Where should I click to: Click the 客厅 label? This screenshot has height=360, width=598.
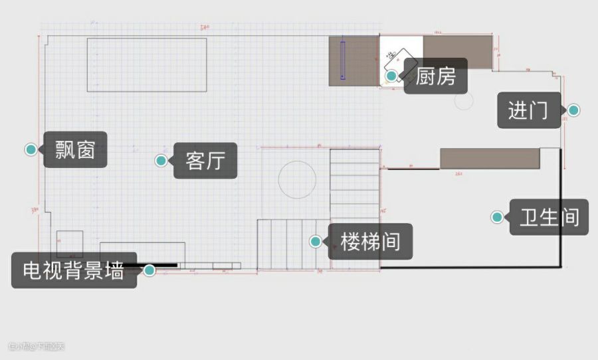[x=205, y=160]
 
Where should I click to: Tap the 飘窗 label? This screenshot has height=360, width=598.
[x=75, y=149]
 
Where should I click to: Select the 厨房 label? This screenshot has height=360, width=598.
[x=436, y=76]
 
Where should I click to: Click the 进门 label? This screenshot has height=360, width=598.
[x=529, y=110]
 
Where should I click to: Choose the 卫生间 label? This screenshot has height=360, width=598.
[x=549, y=217]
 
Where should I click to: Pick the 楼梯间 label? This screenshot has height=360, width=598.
[x=371, y=240]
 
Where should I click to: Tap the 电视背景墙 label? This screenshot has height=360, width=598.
[x=74, y=270]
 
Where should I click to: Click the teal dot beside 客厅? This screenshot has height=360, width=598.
[x=161, y=160]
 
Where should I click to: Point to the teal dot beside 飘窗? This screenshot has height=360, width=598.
[x=30, y=149]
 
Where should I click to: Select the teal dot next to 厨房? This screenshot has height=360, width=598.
[x=392, y=76]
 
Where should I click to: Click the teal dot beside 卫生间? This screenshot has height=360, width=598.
[x=496, y=217]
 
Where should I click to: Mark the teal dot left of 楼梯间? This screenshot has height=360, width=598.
[x=316, y=240]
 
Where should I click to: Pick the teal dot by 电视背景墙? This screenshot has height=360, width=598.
[x=150, y=270]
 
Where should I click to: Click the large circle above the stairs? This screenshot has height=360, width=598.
[x=297, y=179]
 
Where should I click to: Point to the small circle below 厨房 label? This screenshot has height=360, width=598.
[x=463, y=101]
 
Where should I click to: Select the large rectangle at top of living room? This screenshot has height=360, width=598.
[x=147, y=64]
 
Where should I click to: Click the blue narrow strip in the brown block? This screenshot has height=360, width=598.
[x=343, y=60]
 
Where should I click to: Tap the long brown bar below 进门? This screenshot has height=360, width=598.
[x=490, y=158]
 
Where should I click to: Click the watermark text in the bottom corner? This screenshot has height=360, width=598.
[x=37, y=346]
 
